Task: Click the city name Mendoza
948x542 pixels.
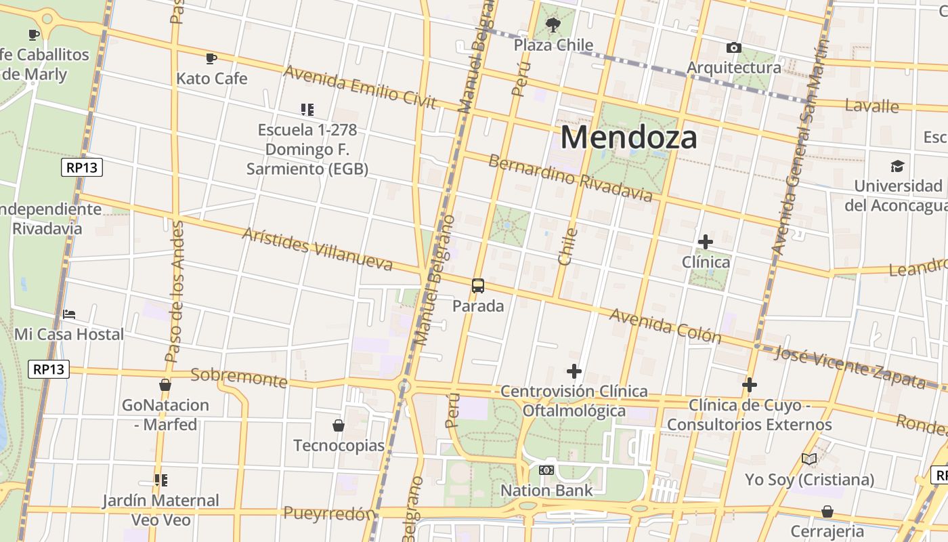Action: [x=628, y=138]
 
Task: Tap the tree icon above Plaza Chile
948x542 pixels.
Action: [x=553, y=26]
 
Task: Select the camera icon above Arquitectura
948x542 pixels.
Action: [x=733, y=47]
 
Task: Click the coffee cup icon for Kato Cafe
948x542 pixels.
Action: [x=211, y=58]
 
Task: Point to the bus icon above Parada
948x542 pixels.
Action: [x=478, y=286]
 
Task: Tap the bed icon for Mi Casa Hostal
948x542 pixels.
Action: [x=69, y=314]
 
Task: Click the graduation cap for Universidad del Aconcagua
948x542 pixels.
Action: [x=897, y=166]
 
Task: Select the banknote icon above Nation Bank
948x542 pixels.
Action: [x=546, y=470]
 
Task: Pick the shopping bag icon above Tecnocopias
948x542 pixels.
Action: [x=339, y=425]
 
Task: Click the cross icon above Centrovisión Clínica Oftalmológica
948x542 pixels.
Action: [x=574, y=371]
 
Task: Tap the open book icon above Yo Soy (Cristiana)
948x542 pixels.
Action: [x=809, y=459]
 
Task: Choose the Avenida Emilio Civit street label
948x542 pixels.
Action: [x=360, y=86]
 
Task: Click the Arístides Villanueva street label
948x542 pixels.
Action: [x=317, y=249]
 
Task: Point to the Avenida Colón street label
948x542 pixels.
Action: [x=665, y=325]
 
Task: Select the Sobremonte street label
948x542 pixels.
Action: [x=238, y=377]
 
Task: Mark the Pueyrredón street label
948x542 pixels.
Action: [x=329, y=514]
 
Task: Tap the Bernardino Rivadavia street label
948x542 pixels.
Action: [x=570, y=178]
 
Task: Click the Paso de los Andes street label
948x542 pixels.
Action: [x=175, y=291]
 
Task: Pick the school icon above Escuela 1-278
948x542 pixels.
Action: [x=307, y=109]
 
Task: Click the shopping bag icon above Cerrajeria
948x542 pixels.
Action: [x=827, y=512]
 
